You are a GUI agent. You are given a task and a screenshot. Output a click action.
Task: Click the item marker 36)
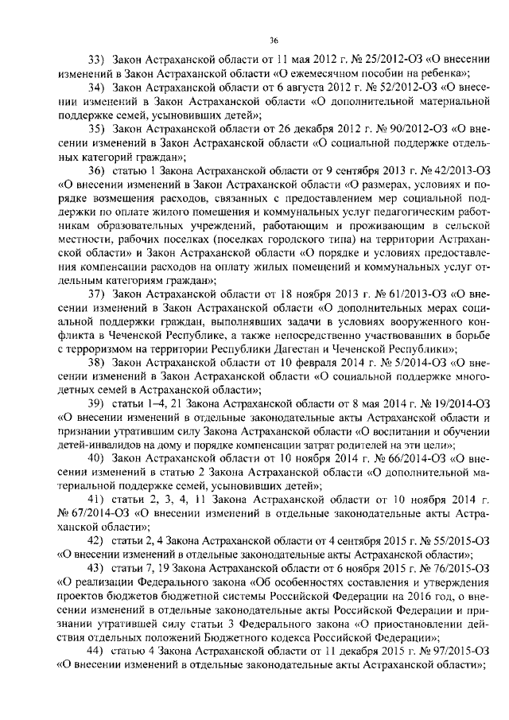[96, 171]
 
